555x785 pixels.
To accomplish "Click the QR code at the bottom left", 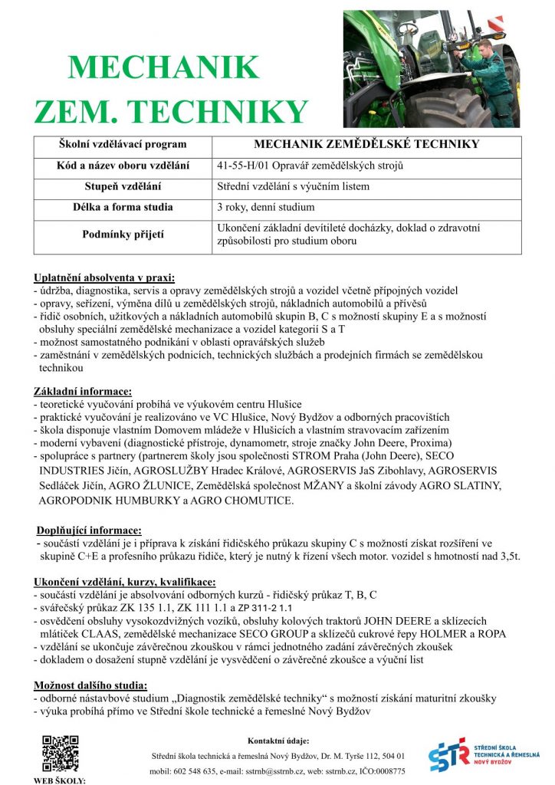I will point(60,753).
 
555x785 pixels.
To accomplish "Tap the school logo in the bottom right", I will point(488,755).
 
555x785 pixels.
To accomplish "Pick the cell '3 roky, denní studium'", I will point(265,207).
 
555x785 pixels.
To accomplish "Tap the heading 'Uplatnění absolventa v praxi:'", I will point(104,277).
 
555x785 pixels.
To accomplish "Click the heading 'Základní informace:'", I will point(83,392).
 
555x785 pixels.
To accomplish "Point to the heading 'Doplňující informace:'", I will point(89,530).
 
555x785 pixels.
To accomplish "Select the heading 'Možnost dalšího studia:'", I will point(91,685).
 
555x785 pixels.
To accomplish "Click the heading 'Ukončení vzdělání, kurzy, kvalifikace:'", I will point(125,582).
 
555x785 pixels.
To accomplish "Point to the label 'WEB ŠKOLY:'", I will point(59,780).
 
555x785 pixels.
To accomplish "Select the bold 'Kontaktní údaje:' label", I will point(278,741).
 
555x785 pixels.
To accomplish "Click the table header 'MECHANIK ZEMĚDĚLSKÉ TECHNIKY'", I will point(366,144).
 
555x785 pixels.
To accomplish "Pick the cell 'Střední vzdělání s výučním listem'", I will point(294,186).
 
